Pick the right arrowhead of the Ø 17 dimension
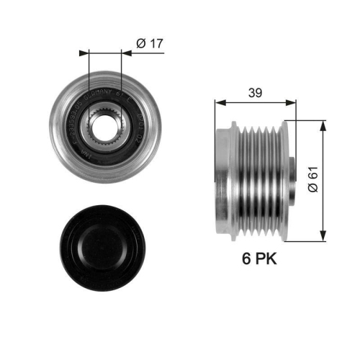(126, 53)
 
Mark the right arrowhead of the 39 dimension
(292, 101)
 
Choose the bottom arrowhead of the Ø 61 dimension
(323, 234)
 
